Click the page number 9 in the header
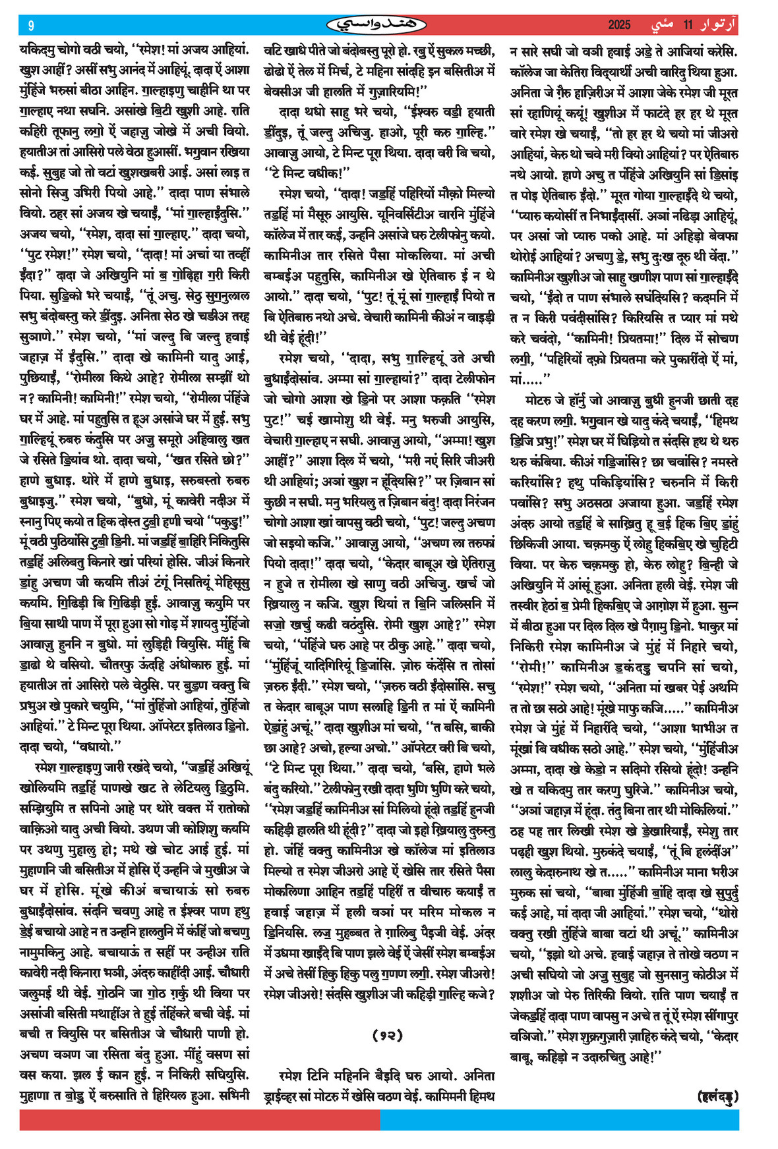pos(31,26)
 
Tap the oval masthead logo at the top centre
pos(377,25)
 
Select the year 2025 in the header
pos(619,25)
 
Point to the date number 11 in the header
pos(688,25)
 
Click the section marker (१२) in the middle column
pos(387,1035)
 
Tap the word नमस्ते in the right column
pos(720,461)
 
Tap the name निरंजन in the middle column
pos(473,502)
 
